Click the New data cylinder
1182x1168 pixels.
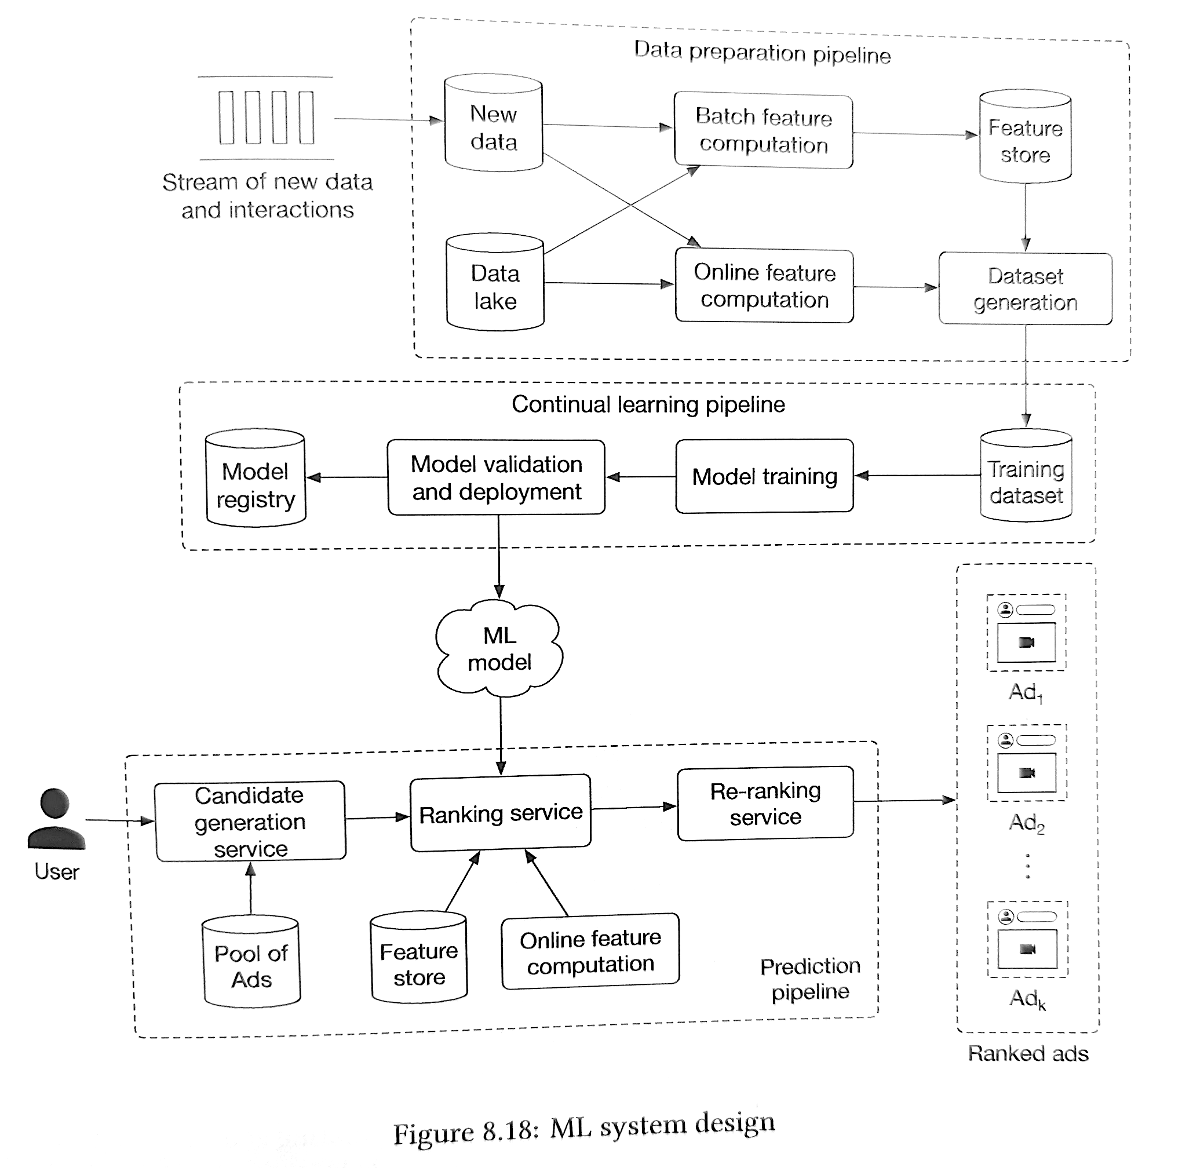[493, 123]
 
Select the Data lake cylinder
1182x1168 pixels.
[495, 282]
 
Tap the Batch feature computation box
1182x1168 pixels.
[764, 130]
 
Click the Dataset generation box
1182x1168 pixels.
[1026, 288]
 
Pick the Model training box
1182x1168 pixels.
[765, 476]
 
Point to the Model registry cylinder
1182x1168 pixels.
[256, 478]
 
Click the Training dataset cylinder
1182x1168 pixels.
[1026, 476]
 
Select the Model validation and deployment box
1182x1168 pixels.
[496, 477]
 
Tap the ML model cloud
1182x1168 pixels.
[499, 648]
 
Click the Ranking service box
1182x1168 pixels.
[501, 813]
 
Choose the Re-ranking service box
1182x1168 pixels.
[765, 804]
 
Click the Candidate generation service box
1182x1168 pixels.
[250, 821]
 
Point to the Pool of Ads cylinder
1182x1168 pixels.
[251, 961]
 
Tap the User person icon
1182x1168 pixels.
[56, 819]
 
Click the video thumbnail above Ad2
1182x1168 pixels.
[1027, 773]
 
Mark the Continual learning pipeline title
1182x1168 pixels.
[648, 404]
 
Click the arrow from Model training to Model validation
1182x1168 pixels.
[641, 477]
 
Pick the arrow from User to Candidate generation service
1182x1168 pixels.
[120, 820]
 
